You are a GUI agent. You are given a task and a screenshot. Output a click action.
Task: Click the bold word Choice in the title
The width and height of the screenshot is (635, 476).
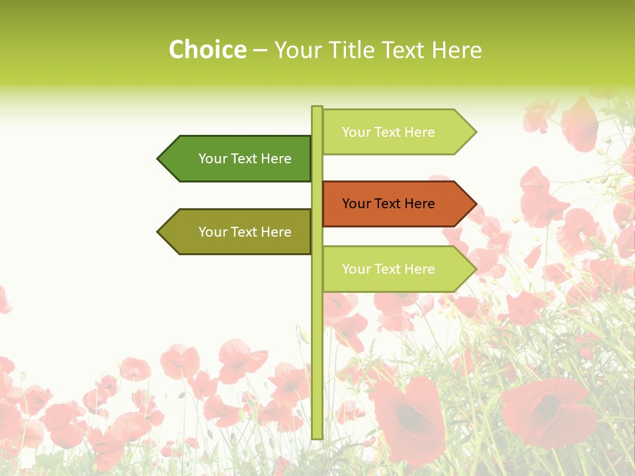pyautogui.click(x=208, y=50)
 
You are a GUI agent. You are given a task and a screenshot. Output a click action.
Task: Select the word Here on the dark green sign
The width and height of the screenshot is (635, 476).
pyautogui.click(x=276, y=159)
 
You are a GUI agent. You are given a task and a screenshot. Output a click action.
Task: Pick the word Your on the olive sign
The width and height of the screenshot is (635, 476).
pyautogui.click(x=213, y=232)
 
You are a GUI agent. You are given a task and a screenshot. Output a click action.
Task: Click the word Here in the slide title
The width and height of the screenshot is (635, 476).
pyautogui.click(x=456, y=50)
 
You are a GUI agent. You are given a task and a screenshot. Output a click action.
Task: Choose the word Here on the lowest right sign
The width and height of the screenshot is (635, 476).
pyautogui.click(x=419, y=269)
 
